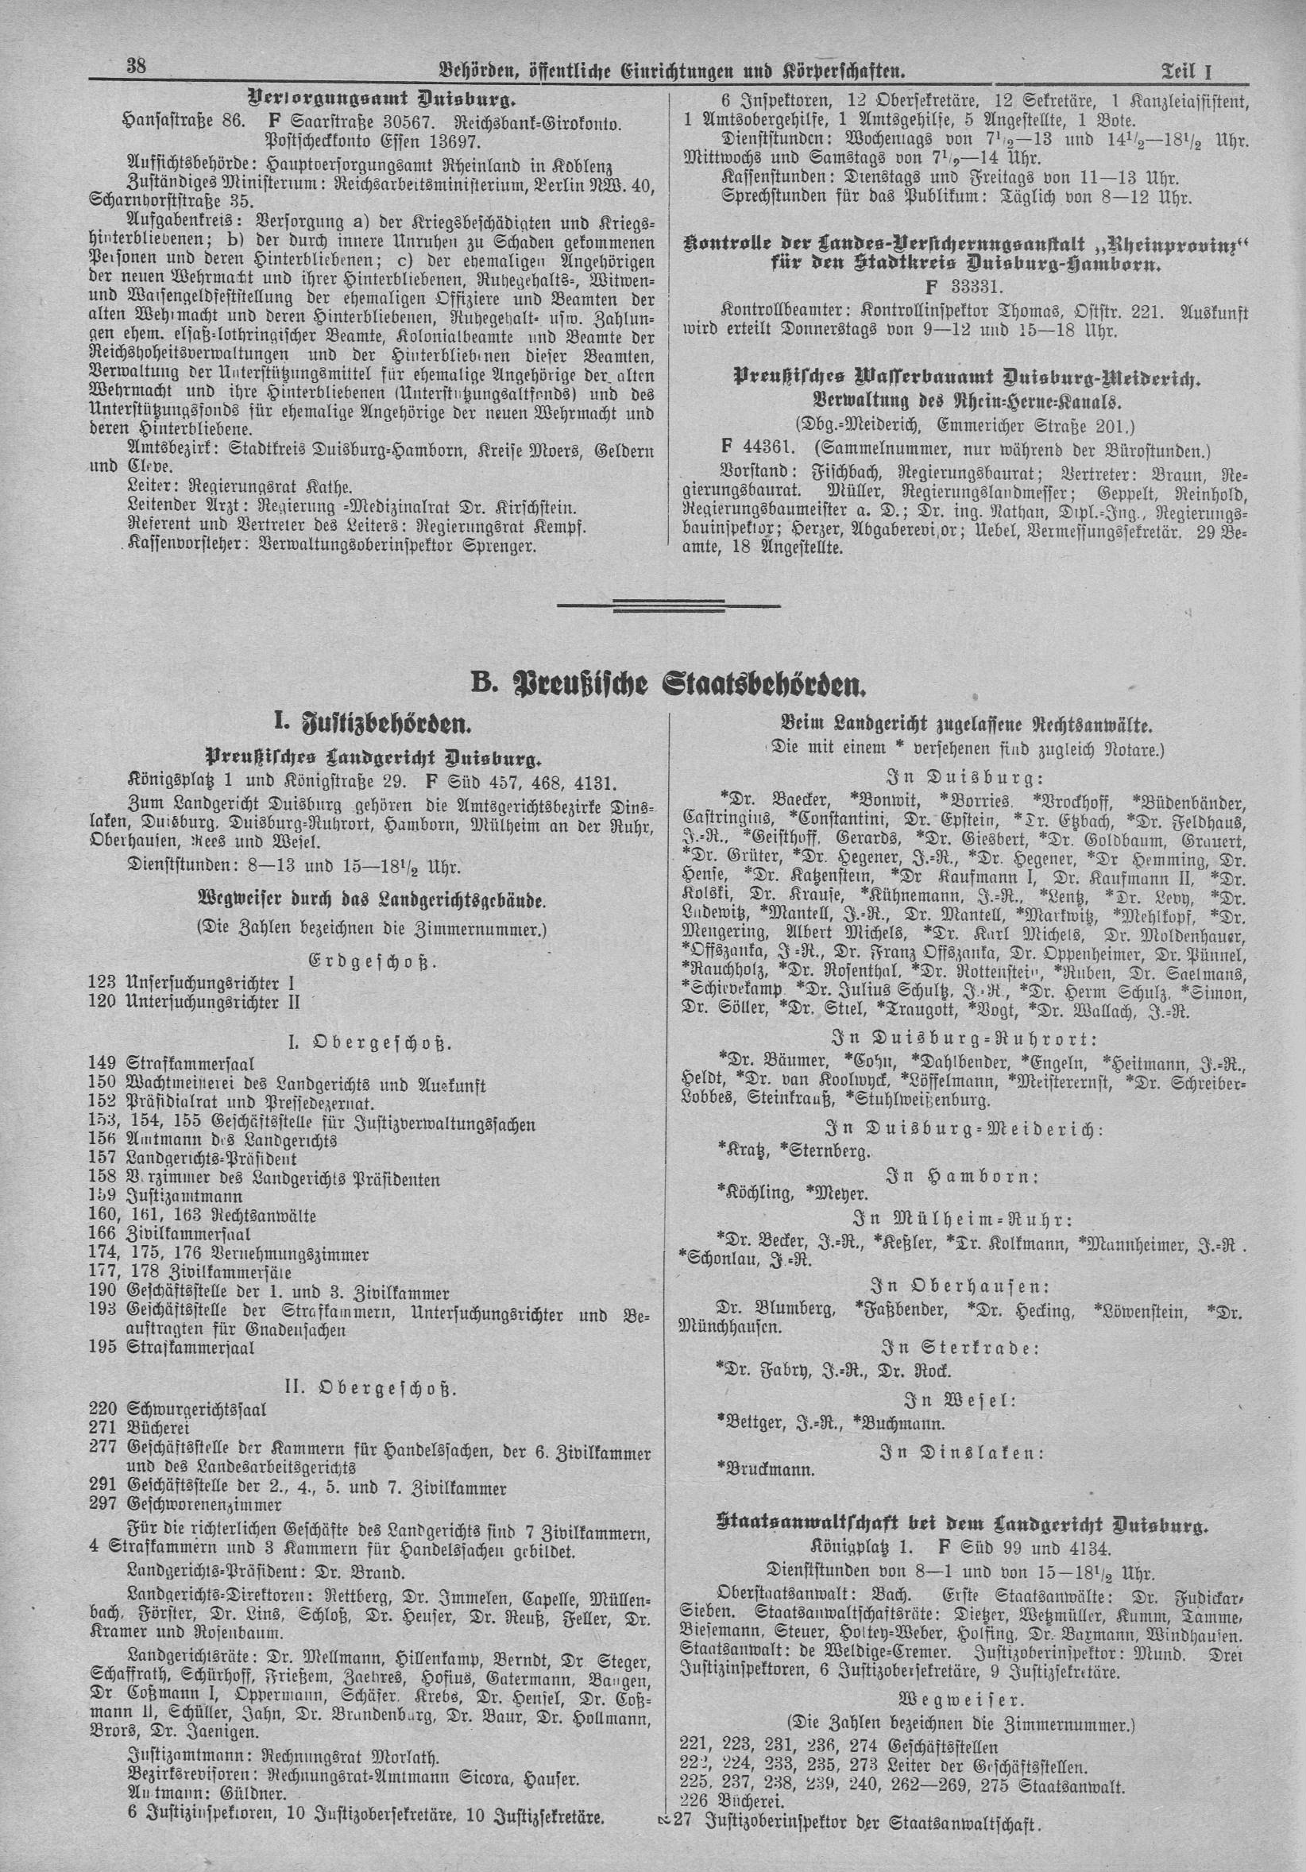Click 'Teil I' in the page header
[x=1185, y=72]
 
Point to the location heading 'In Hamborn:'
[x=962, y=1177]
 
